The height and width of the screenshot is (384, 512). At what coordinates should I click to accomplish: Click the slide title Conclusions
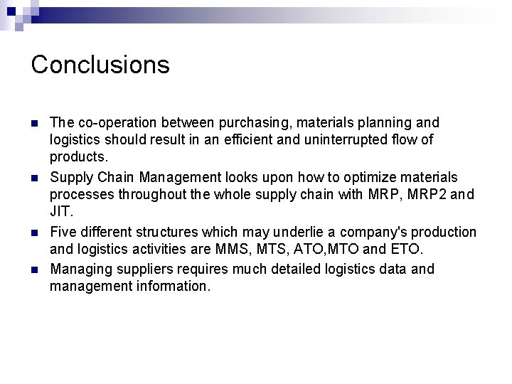100,65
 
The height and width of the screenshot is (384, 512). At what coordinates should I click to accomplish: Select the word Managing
78,270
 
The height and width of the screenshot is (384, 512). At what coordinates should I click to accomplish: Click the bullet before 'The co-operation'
35,123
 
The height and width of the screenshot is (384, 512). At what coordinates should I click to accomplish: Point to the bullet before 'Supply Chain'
35,176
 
